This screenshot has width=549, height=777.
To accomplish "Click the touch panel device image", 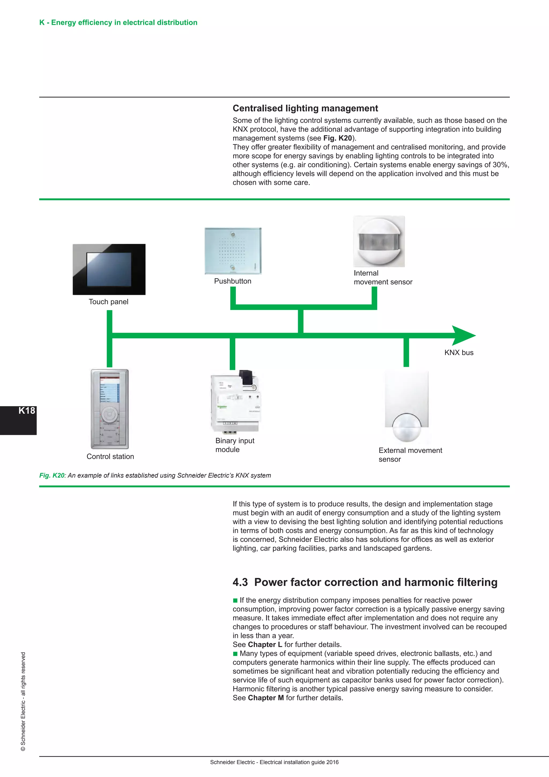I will pyautogui.click(x=109, y=269).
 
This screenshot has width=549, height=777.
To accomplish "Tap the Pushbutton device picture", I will pyautogui.click(x=233, y=251).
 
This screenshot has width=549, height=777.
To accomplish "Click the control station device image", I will pyautogui.click(x=110, y=409).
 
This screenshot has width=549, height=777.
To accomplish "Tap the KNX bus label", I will pyautogui.click(x=459, y=353).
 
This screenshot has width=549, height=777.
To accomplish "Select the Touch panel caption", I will pyautogui.click(x=109, y=302).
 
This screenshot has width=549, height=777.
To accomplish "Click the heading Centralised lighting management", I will pyautogui.click(x=305, y=108).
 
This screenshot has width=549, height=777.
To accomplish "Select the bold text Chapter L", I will pyautogui.click(x=265, y=645).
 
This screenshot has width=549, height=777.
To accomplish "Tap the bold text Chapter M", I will pyautogui.click(x=266, y=698).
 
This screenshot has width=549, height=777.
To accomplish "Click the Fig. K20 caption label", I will pyautogui.click(x=52, y=475).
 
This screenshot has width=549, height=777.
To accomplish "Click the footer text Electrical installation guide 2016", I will pyautogui.click(x=299, y=763).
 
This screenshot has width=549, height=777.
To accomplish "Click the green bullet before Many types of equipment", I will pyautogui.click(x=235, y=654).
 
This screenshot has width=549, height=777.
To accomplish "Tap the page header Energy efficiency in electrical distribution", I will pyautogui.click(x=118, y=23).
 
